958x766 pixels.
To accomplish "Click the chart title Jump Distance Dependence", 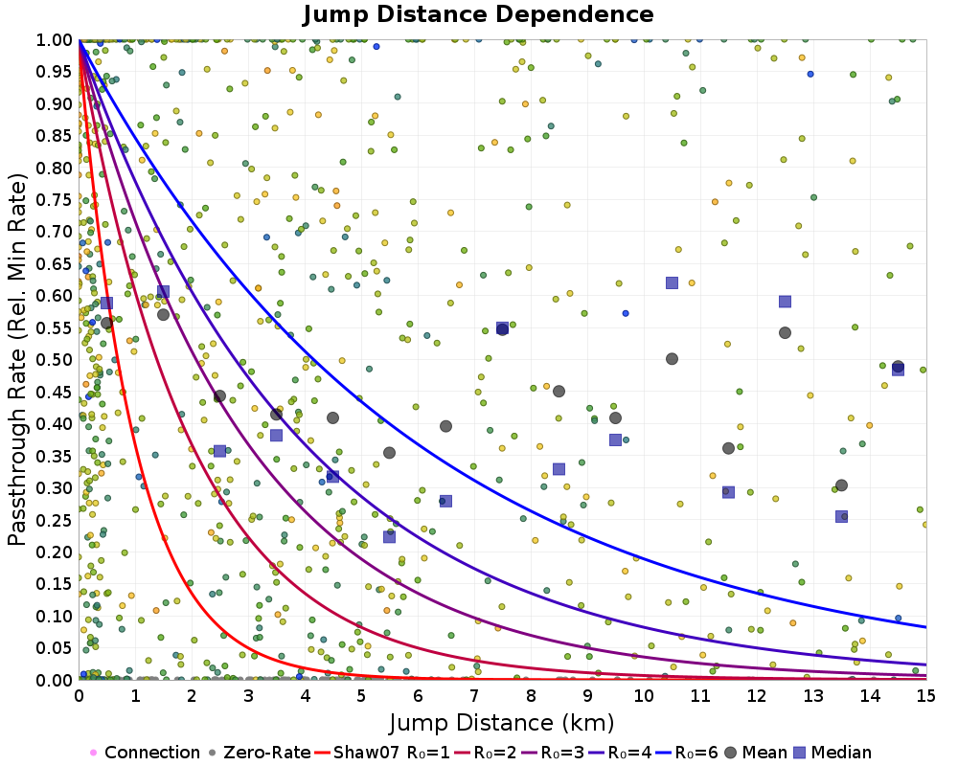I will click(x=479, y=15).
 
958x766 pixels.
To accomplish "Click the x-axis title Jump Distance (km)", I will click(x=502, y=721).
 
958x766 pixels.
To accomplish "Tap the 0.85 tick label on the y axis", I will click(x=54, y=136).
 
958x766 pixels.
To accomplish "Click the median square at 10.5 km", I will click(x=672, y=282).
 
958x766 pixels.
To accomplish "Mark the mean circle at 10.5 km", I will click(x=672, y=359).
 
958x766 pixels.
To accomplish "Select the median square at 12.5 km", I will click(x=785, y=302).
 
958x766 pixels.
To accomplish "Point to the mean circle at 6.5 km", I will click(x=445, y=426).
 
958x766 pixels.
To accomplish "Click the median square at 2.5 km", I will click(x=219, y=451).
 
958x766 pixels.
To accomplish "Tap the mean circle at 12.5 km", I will click(x=785, y=333).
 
